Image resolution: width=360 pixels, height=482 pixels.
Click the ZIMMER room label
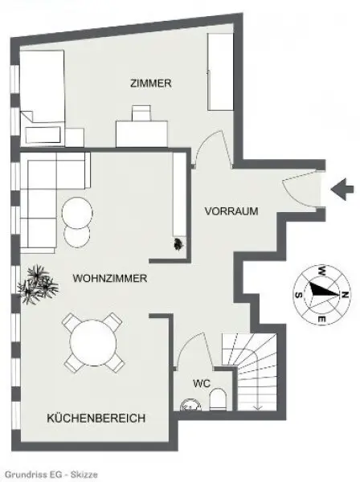tap(150, 84)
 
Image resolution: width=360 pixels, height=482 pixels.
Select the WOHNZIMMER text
tap(108, 279)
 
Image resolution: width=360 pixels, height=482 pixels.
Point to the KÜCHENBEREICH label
tap(96, 419)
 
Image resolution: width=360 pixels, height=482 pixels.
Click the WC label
tap(202, 383)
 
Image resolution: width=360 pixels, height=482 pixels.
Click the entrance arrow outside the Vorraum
tap(343, 190)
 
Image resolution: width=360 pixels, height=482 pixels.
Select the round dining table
tap(94, 344)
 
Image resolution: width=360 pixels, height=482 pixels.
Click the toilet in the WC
tap(219, 399)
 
